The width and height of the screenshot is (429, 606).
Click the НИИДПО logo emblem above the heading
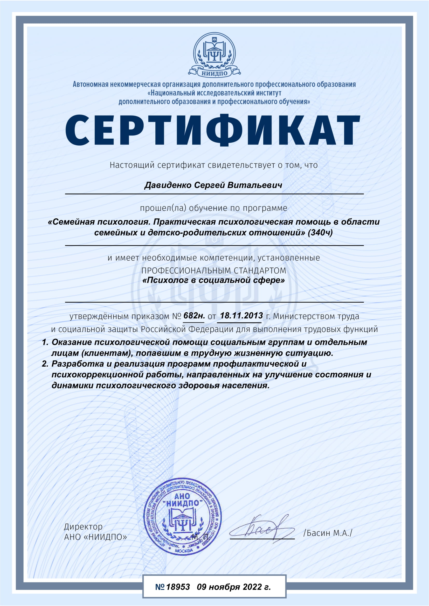[x=214, y=55]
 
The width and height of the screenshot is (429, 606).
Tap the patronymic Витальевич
[x=255, y=185]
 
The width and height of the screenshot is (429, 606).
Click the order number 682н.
[x=194, y=315]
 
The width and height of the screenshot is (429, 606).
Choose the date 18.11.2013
[x=241, y=315]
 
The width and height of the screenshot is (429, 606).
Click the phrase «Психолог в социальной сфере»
[x=213, y=280]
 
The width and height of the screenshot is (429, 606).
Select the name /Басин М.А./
[x=328, y=533]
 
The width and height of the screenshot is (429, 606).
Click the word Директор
[x=83, y=527]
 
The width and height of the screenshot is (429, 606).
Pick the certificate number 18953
[x=178, y=587]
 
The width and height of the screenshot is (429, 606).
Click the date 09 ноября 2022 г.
[x=234, y=587]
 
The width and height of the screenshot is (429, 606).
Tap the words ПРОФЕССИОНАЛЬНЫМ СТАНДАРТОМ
[x=214, y=270]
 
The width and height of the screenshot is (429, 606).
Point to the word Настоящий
[x=132, y=165]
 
